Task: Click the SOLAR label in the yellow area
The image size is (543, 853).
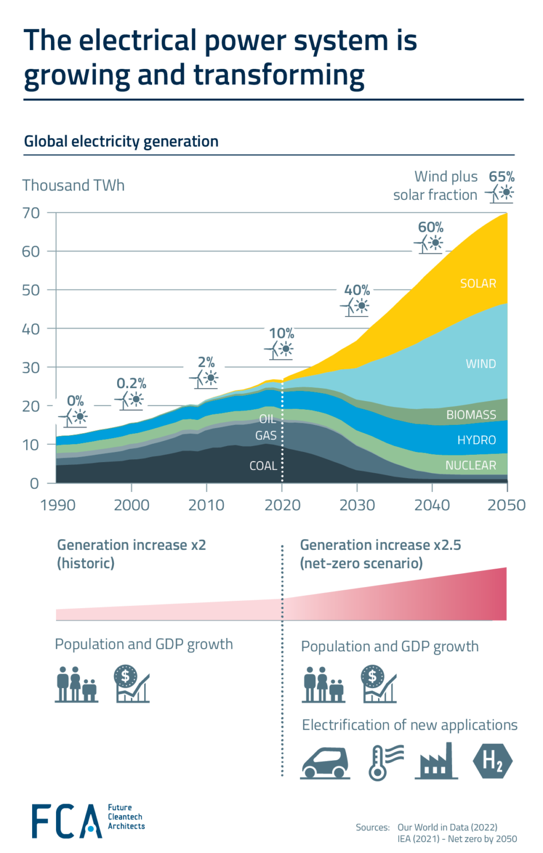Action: tap(477, 283)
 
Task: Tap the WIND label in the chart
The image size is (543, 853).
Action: tap(480, 364)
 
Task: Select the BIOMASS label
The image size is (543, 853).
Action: tap(471, 415)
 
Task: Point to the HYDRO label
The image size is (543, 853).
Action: tap(476, 440)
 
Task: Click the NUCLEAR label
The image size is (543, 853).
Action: tap(470, 465)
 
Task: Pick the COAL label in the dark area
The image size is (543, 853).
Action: tap(263, 466)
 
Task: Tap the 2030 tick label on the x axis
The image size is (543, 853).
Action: tap(357, 505)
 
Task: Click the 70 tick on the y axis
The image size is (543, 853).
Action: tap(31, 213)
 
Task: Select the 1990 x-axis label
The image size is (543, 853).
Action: tap(58, 505)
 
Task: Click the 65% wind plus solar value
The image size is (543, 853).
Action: tap(501, 177)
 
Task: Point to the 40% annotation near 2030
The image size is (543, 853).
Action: tap(356, 290)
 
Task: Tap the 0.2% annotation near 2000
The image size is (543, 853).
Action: tap(131, 383)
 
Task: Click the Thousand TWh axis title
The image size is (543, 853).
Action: tap(73, 185)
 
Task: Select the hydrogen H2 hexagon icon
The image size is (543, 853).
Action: tap(492, 761)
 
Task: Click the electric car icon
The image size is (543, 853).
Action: tap(325, 763)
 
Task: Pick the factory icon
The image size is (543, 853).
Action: tap(436, 762)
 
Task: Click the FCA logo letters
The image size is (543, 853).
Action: tap(66, 821)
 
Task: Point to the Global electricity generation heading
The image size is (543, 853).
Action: tap(121, 142)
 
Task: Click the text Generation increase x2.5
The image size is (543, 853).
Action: tap(380, 545)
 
